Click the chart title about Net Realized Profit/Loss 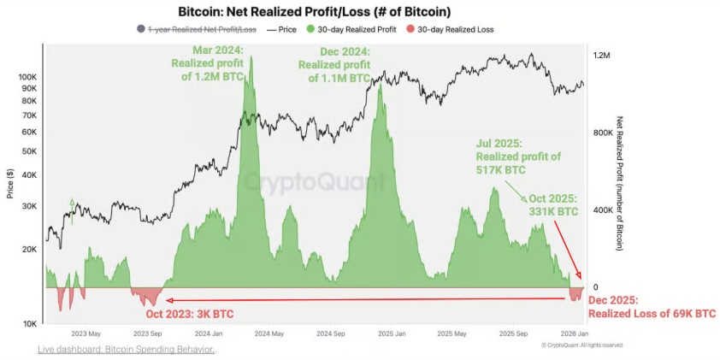(x=314, y=12)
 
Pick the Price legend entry (x=284, y=29)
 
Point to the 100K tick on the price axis (x=28, y=76)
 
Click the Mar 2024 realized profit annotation (x=207, y=63)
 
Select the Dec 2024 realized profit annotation (x=335, y=63)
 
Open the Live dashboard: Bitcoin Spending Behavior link (x=126, y=349)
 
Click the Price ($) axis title (x=9, y=182)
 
